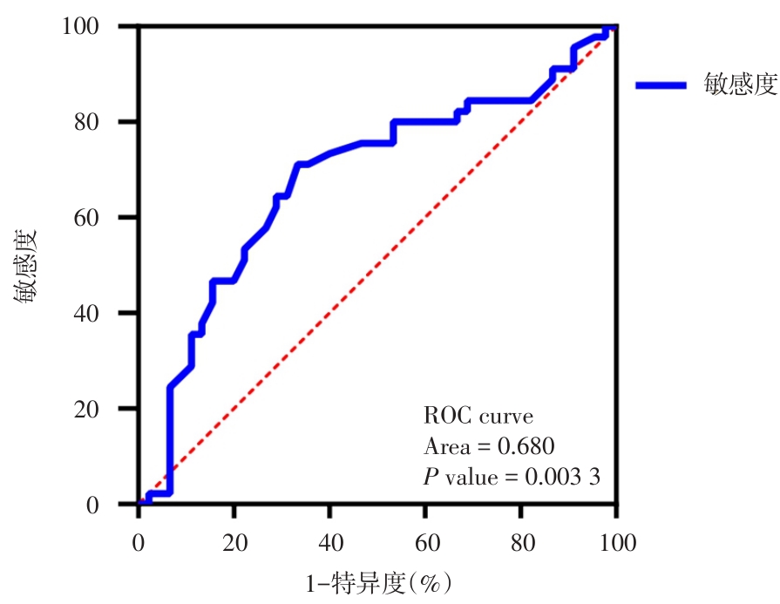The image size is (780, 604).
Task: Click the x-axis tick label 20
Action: pos(234,542)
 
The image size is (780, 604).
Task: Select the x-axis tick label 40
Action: pos(330,542)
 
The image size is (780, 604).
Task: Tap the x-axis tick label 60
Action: pos(425,542)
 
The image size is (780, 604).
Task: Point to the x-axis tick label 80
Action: pos(521,542)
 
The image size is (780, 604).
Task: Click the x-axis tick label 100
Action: pos(616,542)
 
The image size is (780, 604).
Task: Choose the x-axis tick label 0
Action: pos(139,542)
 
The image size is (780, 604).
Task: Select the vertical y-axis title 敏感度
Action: pos(25,265)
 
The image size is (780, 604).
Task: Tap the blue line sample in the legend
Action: pos(661,85)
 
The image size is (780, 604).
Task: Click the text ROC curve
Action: pos(478,415)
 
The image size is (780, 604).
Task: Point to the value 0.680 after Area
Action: pos(526,446)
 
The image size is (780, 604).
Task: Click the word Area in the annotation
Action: pos(446,446)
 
